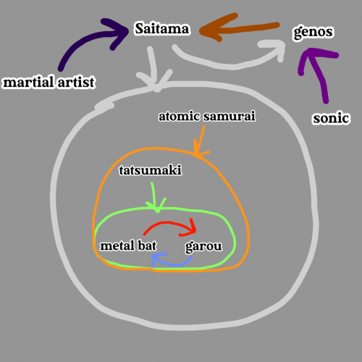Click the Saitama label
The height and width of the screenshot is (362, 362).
pyautogui.click(x=162, y=29)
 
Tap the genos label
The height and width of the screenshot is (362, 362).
pyautogui.click(x=313, y=32)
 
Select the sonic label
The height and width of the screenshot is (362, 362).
pyautogui.click(x=331, y=118)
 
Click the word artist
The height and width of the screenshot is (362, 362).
pyautogui.click(x=76, y=82)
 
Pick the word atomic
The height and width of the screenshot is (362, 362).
pyautogui.click(x=179, y=116)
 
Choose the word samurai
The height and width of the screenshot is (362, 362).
pyautogui.click(x=229, y=116)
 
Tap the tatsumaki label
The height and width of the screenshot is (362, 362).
pyautogui.click(x=150, y=170)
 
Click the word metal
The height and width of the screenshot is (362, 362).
pyautogui.click(x=117, y=245)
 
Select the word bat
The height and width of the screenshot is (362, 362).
pyautogui.click(x=147, y=245)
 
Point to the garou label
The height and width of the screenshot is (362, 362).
pyautogui.click(x=203, y=247)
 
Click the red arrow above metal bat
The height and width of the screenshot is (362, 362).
pyautogui.click(x=169, y=223)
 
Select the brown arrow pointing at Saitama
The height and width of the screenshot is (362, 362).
pyautogui.click(x=239, y=28)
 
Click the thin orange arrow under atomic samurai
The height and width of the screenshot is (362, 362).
pyautogui.click(x=201, y=143)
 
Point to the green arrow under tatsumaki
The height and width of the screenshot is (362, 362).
pyautogui.click(x=153, y=197)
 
